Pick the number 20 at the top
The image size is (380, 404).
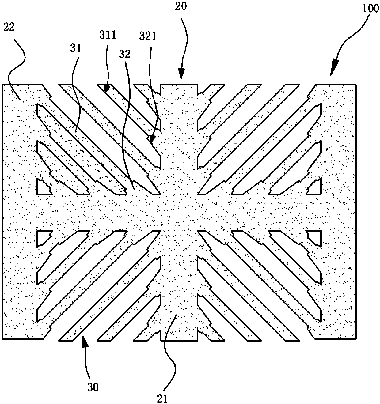coord(181,6)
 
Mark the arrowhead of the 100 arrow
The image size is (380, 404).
coord(333,71)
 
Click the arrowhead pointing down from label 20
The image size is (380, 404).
coord(181,75)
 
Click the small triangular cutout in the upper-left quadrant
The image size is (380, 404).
coord(43,187)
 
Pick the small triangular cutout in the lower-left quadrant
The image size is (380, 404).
coord(43,237)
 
